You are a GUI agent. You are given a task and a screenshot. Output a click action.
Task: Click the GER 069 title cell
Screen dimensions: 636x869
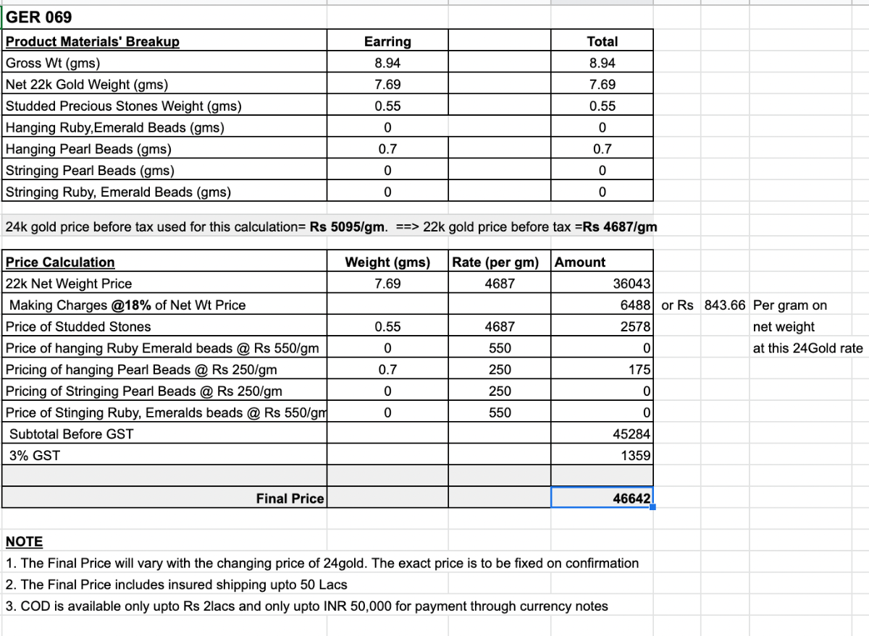(x=39, y=17)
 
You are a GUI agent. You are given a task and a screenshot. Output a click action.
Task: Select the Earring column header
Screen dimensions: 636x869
(x=387, y=42)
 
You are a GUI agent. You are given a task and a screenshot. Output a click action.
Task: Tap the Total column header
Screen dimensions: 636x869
(x=602, y=42)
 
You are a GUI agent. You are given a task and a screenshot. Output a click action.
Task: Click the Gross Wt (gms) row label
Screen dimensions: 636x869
(x=53, y=63)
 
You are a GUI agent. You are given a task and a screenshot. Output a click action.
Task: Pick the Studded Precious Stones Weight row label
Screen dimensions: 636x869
(x=124, y=106)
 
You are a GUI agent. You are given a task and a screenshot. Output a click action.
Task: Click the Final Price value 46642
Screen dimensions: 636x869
(x=631, y=499)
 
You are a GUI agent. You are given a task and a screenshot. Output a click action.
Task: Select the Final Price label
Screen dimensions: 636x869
(x=290, y=499)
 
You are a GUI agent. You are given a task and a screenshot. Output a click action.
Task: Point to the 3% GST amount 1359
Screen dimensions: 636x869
(x=635, y=457)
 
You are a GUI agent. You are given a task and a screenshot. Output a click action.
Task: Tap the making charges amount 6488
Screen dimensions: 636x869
(x=635, y=305)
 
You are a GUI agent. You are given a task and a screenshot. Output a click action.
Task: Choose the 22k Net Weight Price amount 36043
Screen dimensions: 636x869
(x=631, y=284)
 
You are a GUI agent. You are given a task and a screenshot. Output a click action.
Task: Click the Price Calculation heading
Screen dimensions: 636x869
(x=60, y=263)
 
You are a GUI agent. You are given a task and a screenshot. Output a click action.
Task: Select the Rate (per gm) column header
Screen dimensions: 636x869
(x=495, y=263)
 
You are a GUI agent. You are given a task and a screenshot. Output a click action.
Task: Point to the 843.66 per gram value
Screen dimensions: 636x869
(x=724, y=305)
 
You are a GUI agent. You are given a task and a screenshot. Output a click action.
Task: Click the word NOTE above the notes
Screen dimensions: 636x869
(x=24, y=542)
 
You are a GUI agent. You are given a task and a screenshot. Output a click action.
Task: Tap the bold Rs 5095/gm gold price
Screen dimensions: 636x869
(x=347, y=227)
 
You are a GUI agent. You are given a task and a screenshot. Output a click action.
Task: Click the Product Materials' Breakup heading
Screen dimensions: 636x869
(x=93, y=42)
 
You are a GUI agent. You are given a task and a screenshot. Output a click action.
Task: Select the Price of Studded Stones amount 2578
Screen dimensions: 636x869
(x=635, y=327)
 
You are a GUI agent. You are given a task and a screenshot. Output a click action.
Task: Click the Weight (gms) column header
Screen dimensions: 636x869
(x=387, y=263)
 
